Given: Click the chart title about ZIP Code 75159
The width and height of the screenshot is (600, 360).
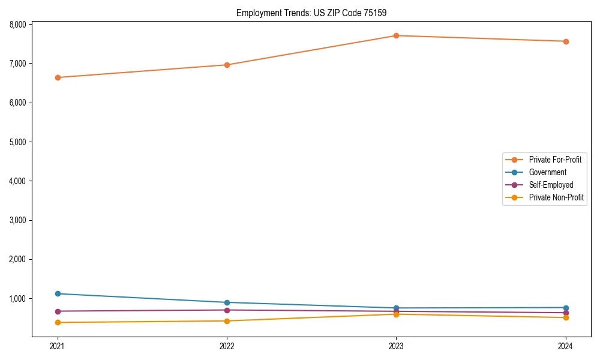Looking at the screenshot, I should [x=316, y=13].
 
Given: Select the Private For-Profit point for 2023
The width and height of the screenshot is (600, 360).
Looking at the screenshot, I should [x=396, y=35].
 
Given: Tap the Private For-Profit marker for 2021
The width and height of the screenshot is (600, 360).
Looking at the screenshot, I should [x=58, y=77].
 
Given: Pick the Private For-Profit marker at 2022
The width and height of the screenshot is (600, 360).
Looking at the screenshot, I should [x=227, y=65].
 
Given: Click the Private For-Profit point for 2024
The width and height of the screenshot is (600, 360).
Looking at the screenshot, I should [x=566, y=41].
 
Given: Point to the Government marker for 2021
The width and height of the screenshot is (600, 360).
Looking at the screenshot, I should [x=58, y=293].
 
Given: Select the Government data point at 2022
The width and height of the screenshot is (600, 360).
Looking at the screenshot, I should [x=227, y=302].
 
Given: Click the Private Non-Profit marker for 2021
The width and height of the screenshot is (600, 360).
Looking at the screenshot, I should [x=58, y=322].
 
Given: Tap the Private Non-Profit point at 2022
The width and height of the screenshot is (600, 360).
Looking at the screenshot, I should [x=227, y=321].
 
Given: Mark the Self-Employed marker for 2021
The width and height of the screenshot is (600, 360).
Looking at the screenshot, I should [x=58, y=311].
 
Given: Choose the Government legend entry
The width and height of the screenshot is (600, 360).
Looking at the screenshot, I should [x=547, y=172].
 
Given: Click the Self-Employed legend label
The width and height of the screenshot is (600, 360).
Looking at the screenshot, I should [x=551, y=185].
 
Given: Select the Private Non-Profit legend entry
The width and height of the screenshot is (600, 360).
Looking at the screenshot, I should [x=556, y=197].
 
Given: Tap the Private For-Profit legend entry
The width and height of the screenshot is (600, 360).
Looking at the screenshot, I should [x=555, y=160].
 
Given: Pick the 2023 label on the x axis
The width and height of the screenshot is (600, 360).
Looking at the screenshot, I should [x=396, y=346].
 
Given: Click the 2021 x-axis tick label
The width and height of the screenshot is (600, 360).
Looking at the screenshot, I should [x=58, y=346].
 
